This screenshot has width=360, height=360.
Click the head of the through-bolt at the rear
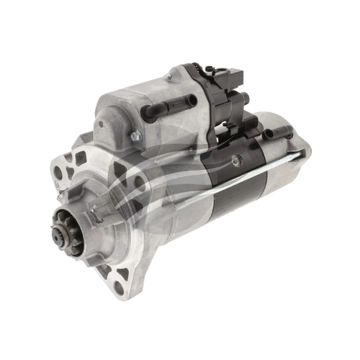(298, 154)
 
